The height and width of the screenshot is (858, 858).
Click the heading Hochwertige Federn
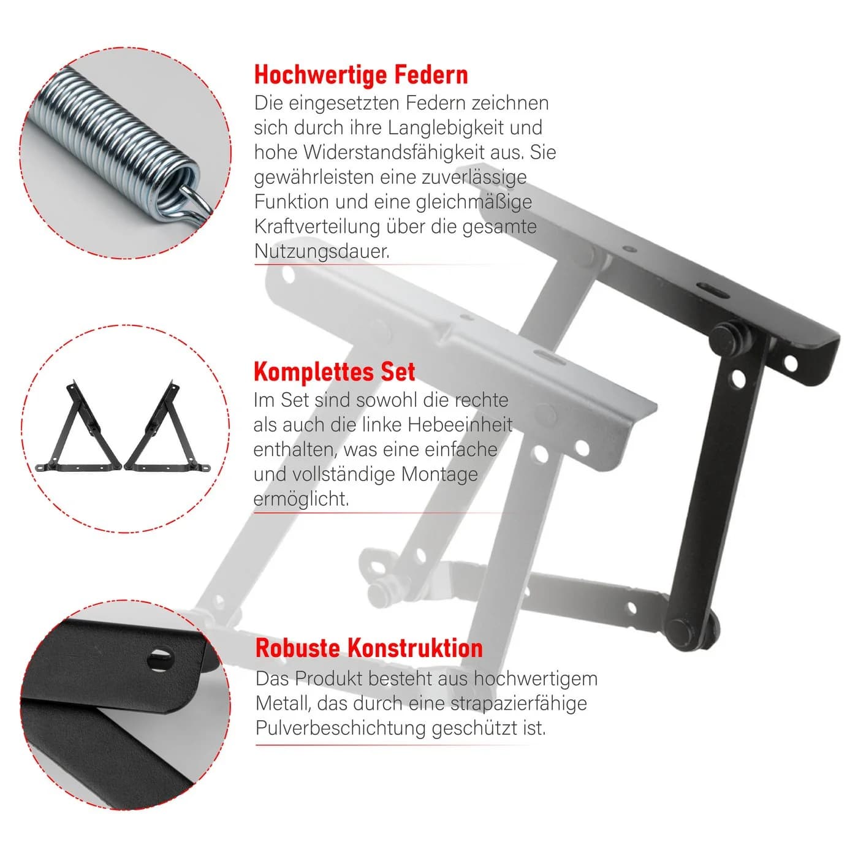(x=360, y=75)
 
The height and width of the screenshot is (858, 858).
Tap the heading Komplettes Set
(x=334, y=371)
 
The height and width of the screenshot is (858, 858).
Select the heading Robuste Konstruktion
(x=369, y=647)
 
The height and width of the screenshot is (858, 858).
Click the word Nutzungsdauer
(x=322, y=251)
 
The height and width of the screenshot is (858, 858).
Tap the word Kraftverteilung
(x=317, y=227)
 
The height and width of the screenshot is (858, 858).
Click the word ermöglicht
(x=301, y=499)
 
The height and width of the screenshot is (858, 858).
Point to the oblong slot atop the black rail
(x=713, y=290)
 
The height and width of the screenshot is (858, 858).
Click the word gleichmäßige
(x=474, y=202)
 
